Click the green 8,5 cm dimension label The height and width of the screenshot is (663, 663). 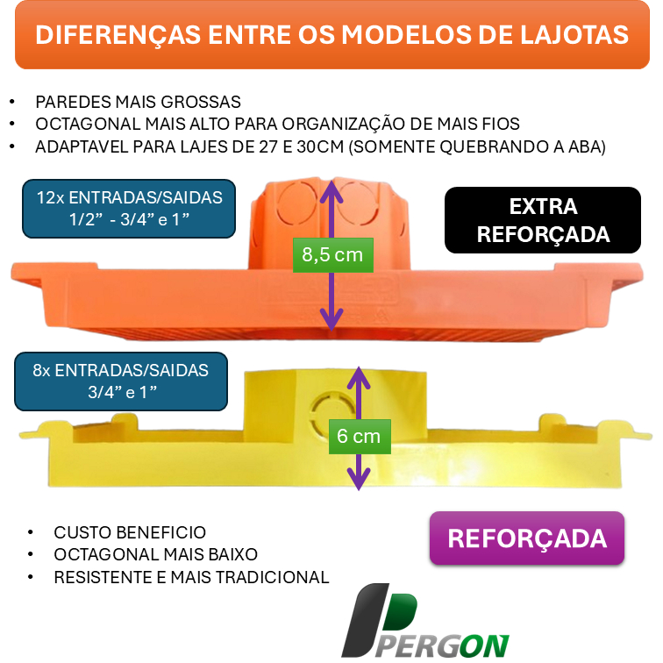click(x=331, y=255)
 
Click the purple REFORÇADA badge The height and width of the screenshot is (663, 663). click(x=526, y=538)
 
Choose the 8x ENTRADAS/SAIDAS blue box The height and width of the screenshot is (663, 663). click(x=120, y=381)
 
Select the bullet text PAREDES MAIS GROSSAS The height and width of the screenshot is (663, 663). click(x=138, y=102)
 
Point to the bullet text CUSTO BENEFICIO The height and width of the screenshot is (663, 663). click(x=130, y=532)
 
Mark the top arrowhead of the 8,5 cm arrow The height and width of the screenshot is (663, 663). click(x=331, y=186)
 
